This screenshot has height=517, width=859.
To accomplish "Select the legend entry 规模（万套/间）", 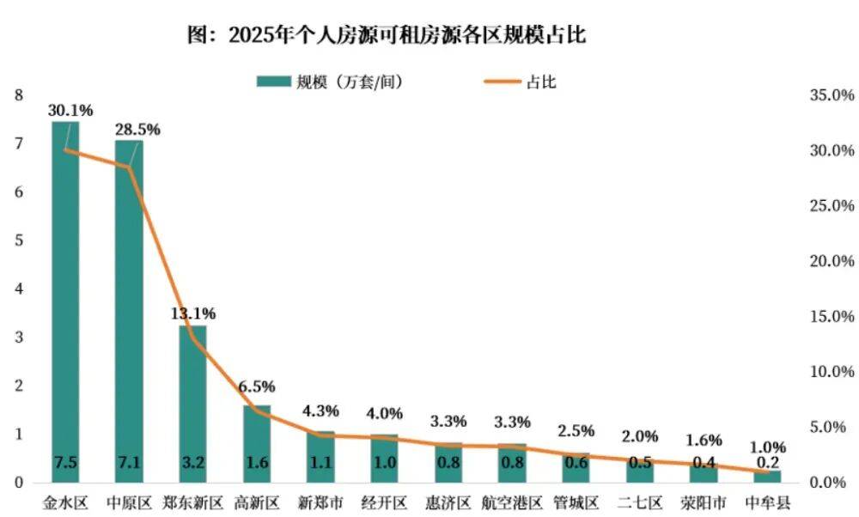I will click(x=331, y=82).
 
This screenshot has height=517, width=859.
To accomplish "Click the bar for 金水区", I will click(x=65, y=301).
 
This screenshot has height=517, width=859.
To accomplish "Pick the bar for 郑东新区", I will click(x=192, y=404).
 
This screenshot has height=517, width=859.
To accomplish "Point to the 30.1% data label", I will click(x=70, y=111).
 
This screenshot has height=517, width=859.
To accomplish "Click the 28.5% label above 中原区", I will click(x=137, y=129).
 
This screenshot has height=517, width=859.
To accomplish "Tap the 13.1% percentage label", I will click(x=192, y=313).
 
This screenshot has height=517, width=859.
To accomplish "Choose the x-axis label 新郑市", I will click(x=320, y=502).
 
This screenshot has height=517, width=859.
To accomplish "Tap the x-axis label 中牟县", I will click(x=767, y=502).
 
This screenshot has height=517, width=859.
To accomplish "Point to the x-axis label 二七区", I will click(x=639, y=502).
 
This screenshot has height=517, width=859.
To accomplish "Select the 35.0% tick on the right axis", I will click(x=832, y=95).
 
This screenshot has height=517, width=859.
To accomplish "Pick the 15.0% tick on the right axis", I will click(x=832, y=317).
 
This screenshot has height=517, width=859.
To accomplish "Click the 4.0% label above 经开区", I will click(x=384, y=413).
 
